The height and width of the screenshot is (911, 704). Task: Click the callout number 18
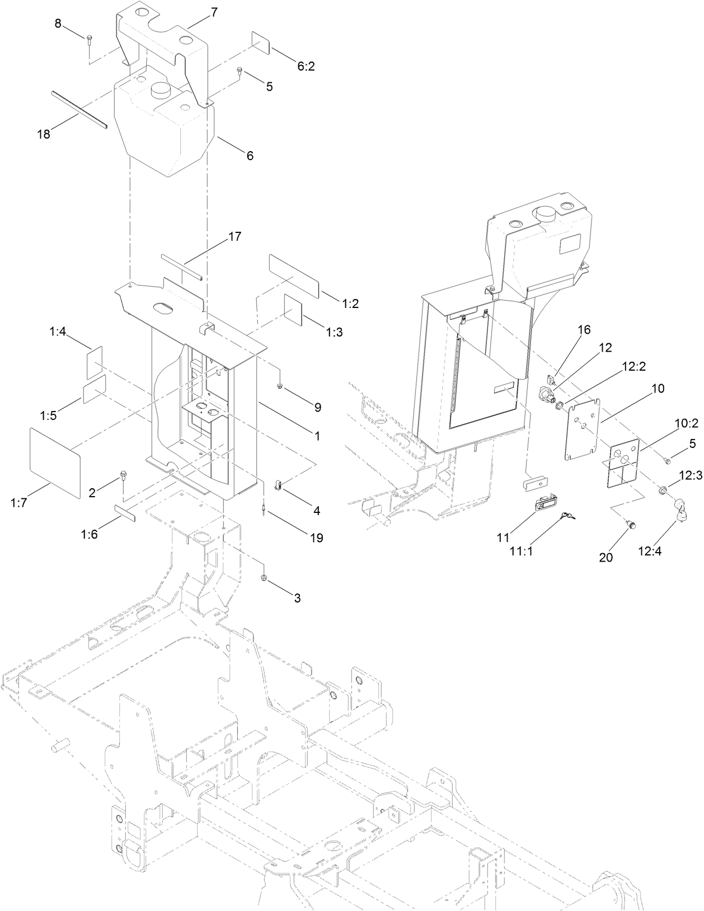(44, 134)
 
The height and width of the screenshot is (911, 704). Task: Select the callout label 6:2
(306, 66)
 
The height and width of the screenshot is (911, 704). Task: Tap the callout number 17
(235, 236)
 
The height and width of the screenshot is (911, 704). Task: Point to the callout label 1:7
(19, 502)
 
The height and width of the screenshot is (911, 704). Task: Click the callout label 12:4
(650, 552)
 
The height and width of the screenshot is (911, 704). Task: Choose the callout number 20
(606, 557)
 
